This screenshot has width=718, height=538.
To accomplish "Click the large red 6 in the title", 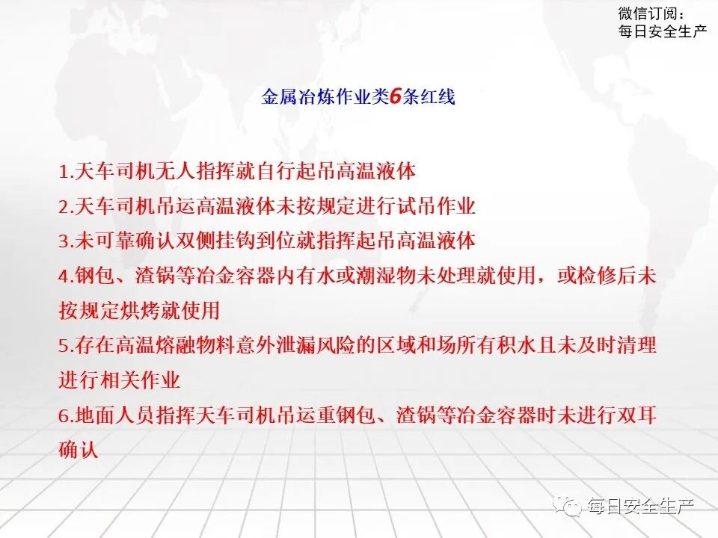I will pyautogui.click(x=396, y=96).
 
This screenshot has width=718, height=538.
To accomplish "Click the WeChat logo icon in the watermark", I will pyautogui.click(x=571, y=507).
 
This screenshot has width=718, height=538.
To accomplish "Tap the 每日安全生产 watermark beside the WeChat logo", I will pyautogui.click(x=641, y=507).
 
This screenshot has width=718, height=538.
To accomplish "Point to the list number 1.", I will pyautogui.click(x=64, y=171).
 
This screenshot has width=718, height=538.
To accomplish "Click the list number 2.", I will pyautogui.click(x=64, y=206).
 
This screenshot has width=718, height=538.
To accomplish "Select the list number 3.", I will pyautogui.click(x=64, y=241).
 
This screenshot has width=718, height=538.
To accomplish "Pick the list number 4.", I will pyautogui.click(x=64, y=276).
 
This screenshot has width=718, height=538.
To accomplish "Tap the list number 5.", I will pyautogui.click(x=64, y=346).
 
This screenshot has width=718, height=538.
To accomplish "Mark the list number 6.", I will pyautogui.click(x=64, y=415).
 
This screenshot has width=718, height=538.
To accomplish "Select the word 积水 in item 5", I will pyautogui.click(x=536, y=346).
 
